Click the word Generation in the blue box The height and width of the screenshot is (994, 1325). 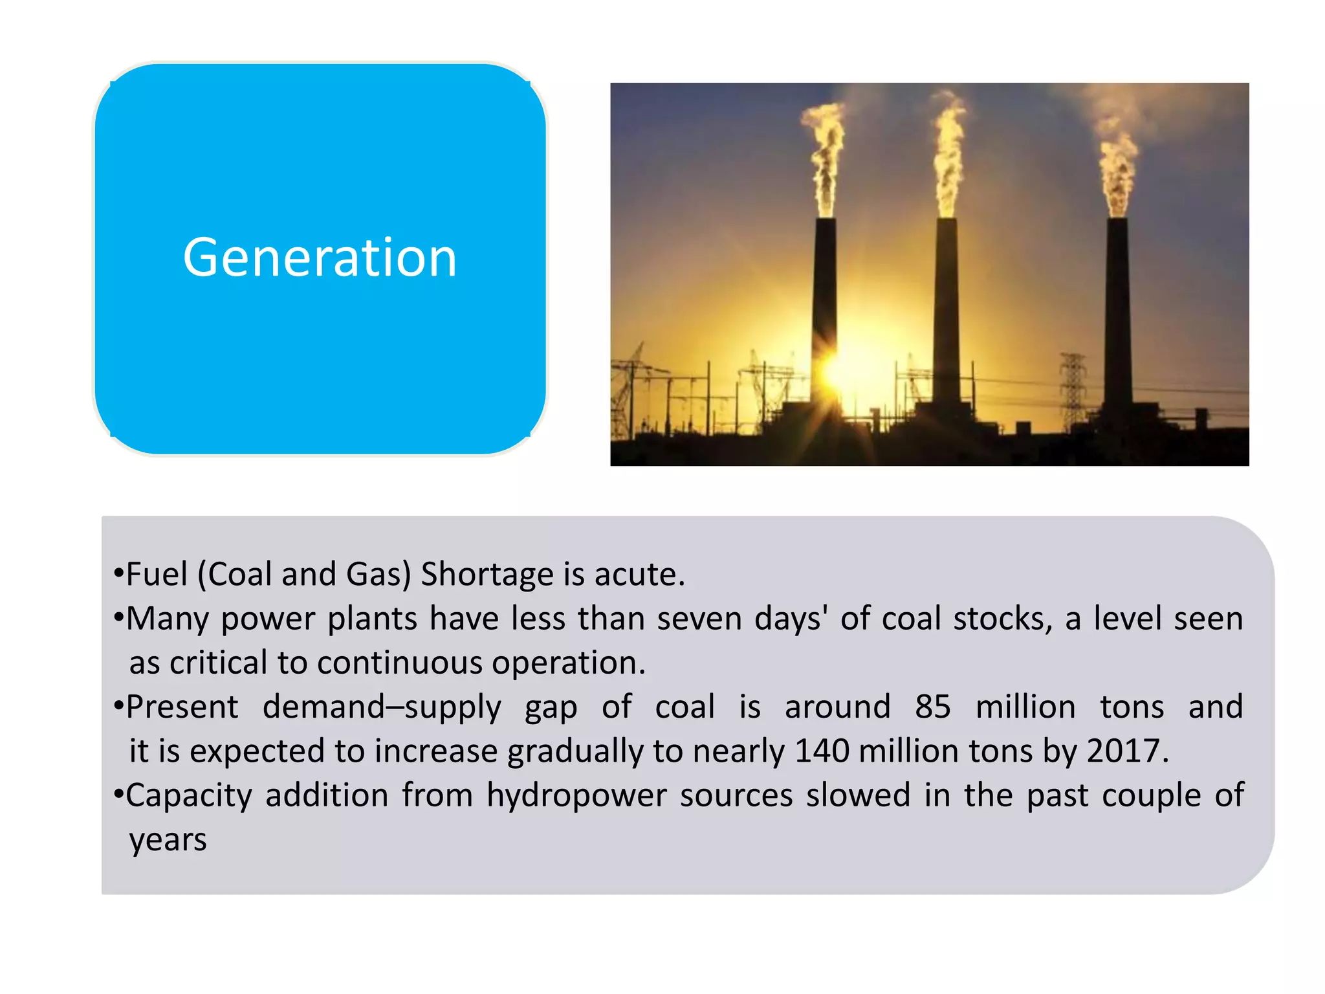tap(320, 258)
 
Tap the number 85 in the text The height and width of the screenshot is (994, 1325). tap(932, 707)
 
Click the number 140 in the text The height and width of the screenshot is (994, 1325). tap(822, 751)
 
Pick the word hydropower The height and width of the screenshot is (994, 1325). tap(576, 795)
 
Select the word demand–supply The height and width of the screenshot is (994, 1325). tap(382, 707)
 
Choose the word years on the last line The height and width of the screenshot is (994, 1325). tap(168, 839)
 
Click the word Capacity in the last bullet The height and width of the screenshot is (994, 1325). tap(188, 795)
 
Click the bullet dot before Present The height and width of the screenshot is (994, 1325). tap(118, 705)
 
